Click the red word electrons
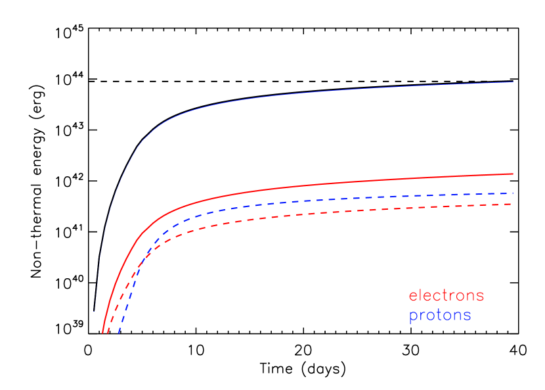click(x=447, y=296)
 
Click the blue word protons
click(x=440, y=316)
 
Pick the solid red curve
click(x=295, y=185)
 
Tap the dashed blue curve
click(x=328, y=199)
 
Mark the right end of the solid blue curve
click(x=513, y=82)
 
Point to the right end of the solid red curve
click(x=513, y=174)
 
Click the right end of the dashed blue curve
click(x=513, y=193)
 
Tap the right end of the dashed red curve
click(x=513, y=204)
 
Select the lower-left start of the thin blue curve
click(x=95, y=311)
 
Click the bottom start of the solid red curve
click(x=103, y=333)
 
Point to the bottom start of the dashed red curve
click(x=108, y=333)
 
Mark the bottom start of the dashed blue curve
click(x=119, y=333)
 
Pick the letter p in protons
click(x=412, y=317)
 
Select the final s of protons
click(x=467, y=316)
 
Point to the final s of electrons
click(x=480, y=297)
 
